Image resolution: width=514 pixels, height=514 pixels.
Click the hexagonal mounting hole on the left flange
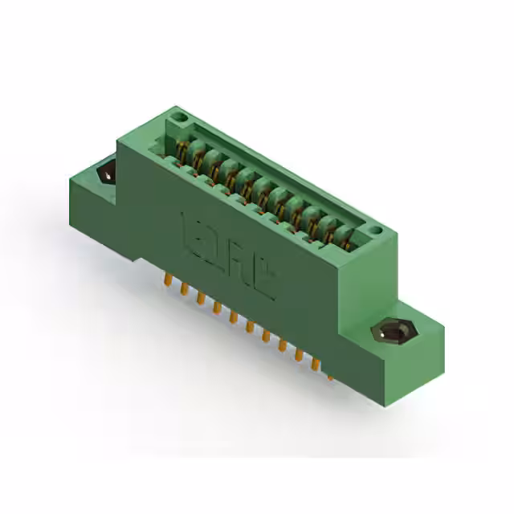click(105, 173)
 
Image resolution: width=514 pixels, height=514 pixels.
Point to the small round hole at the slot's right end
click(374, 232)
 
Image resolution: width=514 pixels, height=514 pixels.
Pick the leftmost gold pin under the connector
click(167, 279)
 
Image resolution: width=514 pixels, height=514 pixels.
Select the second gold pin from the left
click(184, 288)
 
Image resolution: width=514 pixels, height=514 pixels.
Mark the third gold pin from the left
click(200, 297)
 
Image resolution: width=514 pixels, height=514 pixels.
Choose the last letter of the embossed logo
click(265, 281)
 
